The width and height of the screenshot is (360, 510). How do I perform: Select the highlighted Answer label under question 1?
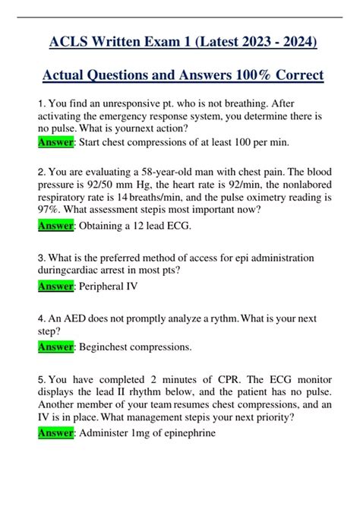tap(54, 141)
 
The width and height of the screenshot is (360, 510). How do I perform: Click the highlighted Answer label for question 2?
tap(54, 225)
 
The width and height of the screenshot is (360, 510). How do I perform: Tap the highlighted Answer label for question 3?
tap(54, 286)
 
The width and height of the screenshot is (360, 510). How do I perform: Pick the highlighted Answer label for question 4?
tap(54, 347)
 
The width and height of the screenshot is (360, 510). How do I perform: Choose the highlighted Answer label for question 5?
tap(54, 433)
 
